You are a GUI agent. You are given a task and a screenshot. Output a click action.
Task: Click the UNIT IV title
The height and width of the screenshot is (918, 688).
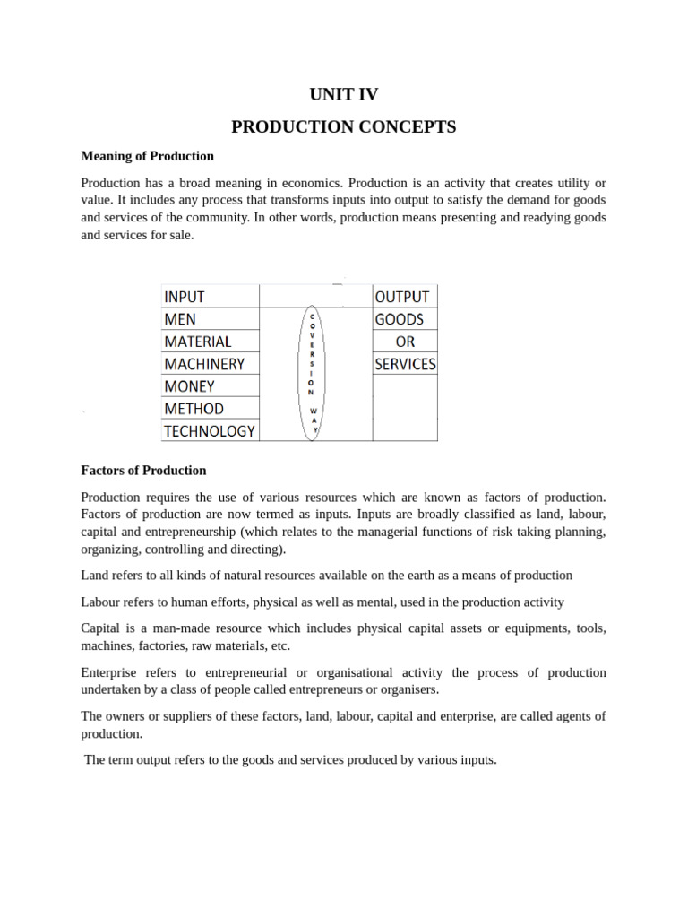click(343, 94)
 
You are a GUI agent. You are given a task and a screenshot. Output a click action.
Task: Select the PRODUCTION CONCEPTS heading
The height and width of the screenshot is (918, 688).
click(343, 126)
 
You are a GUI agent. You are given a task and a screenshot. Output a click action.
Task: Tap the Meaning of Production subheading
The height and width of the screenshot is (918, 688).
click(147, 156)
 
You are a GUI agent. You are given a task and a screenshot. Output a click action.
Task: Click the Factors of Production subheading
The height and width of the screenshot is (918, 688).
click(143, 470)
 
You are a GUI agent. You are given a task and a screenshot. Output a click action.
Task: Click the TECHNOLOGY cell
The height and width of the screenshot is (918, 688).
click(209, 431)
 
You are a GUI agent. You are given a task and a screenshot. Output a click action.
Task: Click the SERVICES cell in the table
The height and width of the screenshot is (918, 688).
click(405, 364)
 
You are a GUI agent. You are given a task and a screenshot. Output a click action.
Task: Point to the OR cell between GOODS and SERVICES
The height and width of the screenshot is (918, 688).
click(405, 342)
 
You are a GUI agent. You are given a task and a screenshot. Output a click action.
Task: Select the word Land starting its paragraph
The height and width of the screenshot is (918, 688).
click(95, 575)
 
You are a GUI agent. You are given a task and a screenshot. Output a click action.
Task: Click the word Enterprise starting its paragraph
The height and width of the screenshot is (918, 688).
click(109, 672)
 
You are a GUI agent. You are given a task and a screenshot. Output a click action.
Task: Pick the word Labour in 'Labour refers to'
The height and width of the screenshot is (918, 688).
click(100, 602)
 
